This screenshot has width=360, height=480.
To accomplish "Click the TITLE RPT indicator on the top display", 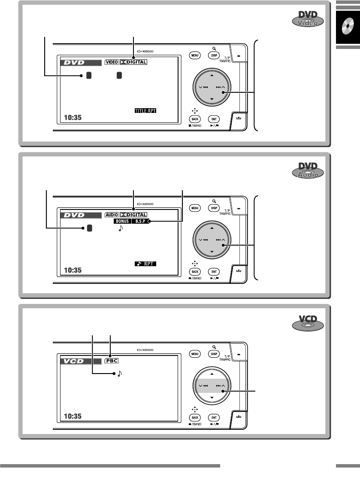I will [146, 110].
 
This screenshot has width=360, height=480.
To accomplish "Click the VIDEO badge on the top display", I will [112, 62].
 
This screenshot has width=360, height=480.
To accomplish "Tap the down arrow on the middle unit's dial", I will [212, 252].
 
